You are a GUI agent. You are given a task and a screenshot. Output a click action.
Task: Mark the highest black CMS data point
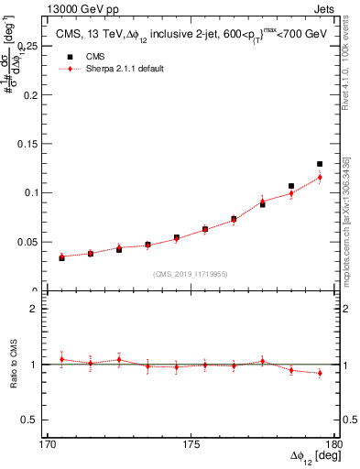[x=320, y=164]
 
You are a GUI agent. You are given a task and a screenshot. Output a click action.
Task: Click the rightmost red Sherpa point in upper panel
[x=320, y=177]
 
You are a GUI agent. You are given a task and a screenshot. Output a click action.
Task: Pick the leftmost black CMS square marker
[x=61, y=258]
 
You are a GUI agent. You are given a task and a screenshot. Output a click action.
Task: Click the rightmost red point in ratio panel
[x=320, y=373]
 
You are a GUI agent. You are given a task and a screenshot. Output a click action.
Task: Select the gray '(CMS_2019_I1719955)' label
[x=191, y=273]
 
